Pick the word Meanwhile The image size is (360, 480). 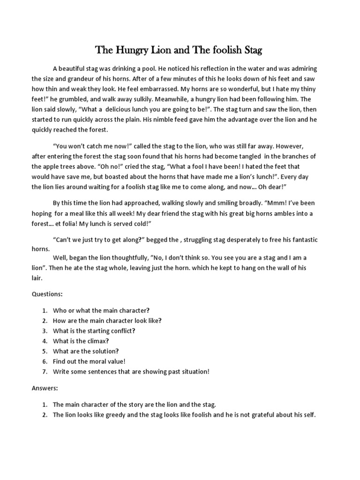coord(203,99)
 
